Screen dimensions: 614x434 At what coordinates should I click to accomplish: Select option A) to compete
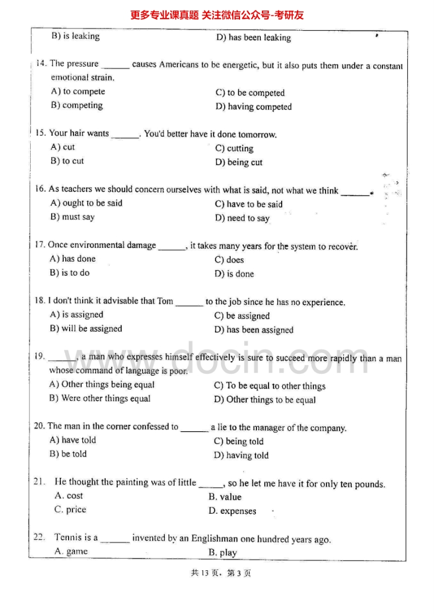78,91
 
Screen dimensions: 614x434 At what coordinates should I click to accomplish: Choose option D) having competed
253,107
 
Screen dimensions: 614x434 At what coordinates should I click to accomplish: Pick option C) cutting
234,148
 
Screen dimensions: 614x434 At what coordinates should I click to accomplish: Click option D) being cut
238,163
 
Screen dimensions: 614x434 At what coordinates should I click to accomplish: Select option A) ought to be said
86,203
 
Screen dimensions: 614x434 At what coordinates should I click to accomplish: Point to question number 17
39,246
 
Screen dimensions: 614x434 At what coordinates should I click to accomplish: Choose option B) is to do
70,273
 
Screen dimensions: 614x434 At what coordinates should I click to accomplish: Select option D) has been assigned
254,330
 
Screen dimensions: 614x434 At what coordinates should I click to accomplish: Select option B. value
225,497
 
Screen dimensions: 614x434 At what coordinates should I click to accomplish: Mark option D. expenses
232,511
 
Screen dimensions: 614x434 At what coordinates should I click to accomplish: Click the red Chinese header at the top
217,15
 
